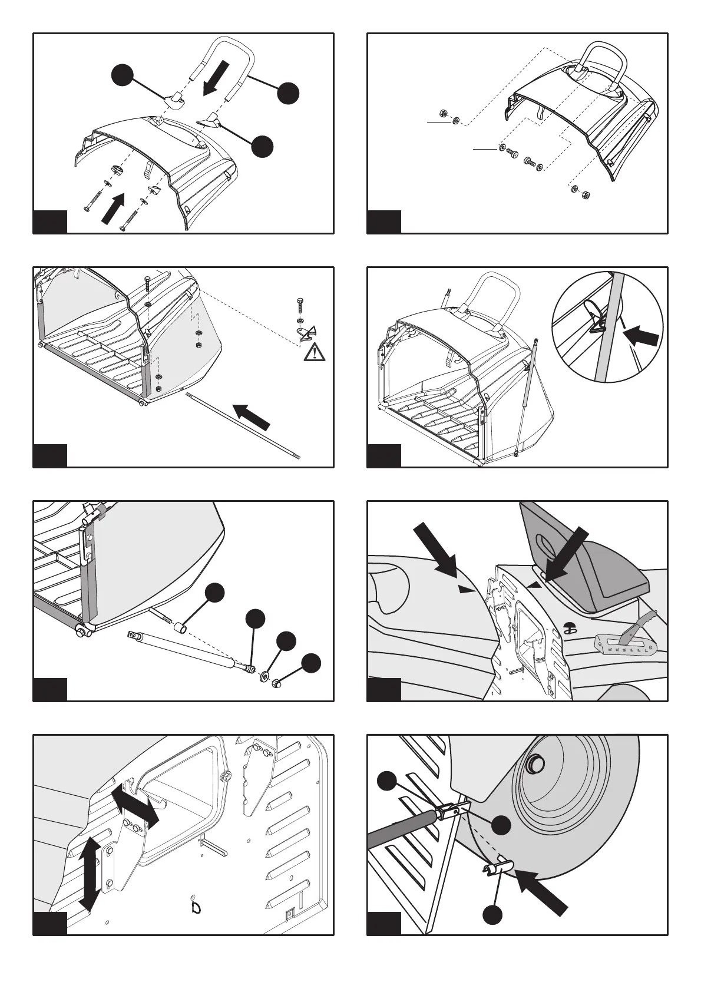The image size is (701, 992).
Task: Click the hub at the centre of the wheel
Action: pyautogui.click(x=534, y=762)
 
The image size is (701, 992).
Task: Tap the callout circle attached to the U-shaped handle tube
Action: pyautogui.click(x=288, y=93)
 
